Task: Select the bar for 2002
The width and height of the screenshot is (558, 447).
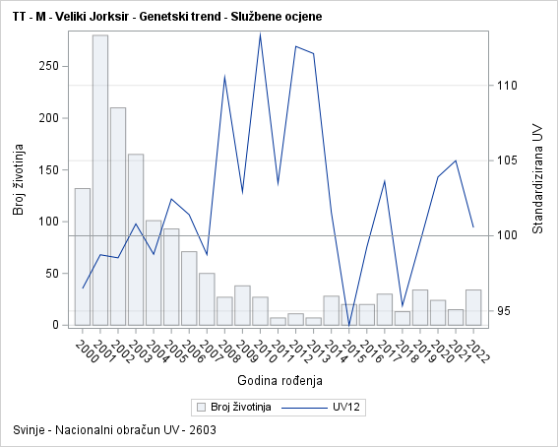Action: pos(118,217)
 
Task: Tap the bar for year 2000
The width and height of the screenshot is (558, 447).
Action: pos(83,256)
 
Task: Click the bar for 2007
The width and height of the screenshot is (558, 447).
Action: pos(207,299)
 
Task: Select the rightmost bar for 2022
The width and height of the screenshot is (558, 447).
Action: pos(473,307)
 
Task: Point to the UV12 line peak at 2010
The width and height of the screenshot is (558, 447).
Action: pos(260,34)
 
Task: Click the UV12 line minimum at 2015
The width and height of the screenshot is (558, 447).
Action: pos(349,324)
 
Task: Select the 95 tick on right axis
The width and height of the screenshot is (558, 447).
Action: pos(504,311)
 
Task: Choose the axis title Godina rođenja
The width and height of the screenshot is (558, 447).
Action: pos(279,380)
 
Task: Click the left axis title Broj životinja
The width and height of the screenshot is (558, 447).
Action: pos(18,181)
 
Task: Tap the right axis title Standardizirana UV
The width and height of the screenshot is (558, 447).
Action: pos(537,179)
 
